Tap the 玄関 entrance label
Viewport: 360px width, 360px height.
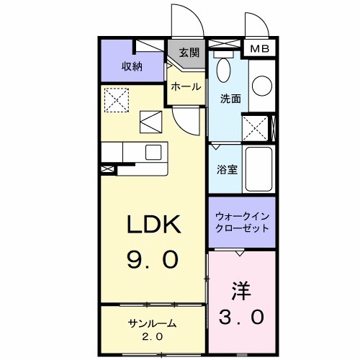click(189, 53)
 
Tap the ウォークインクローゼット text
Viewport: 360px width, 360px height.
click(242, 221)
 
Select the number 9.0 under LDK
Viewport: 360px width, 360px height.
click(153, 258)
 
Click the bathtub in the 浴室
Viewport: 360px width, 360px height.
click(257, 170)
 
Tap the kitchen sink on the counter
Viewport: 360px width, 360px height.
click(153, 152)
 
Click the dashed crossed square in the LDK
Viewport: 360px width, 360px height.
click(114, 100)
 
